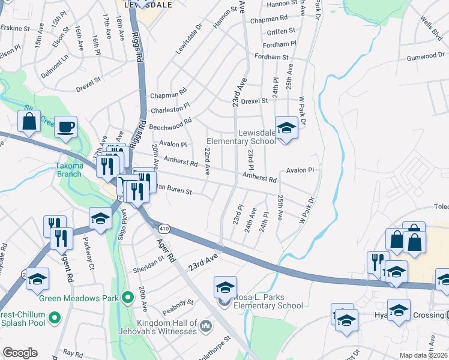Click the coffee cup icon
tap(66, 127)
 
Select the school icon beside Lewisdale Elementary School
tap(286, 128)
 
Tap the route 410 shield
tap(163, 229)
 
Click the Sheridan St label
tap(148, 263)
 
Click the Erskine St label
tap(15, 28)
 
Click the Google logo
tap(20, 353)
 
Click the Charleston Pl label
tap(170, 107)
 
